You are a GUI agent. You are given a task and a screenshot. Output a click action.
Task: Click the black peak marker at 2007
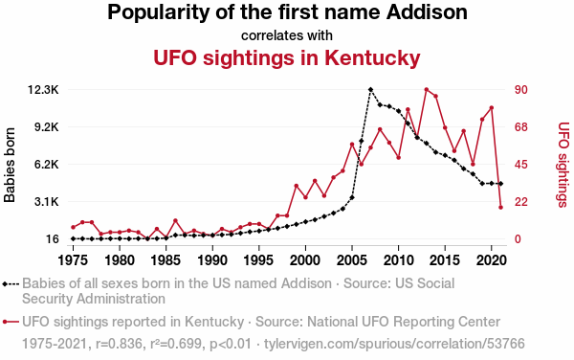[370, 89]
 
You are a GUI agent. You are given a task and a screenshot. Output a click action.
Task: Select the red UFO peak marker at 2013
[427, 89]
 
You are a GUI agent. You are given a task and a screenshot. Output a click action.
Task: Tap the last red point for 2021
[500, 207]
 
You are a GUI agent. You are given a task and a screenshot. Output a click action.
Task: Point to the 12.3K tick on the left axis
[43, 90]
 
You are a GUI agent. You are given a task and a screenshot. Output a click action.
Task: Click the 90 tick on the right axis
[521, 90]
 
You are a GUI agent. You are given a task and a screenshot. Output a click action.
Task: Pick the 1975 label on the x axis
[74, 260]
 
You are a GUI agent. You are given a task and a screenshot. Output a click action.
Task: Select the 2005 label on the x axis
[352, 260]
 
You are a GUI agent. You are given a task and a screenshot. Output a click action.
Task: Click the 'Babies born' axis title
[10, 165]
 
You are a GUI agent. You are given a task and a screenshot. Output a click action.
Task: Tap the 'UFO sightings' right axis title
[563, 165]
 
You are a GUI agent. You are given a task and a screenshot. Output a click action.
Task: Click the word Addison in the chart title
[427, 12]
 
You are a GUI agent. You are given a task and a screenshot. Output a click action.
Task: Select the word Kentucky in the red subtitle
[372, 58]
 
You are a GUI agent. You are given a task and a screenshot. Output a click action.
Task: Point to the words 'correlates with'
[287, 35]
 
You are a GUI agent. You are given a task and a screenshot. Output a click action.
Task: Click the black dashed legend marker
[11, 283]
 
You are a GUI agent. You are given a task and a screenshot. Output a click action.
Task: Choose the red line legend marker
[11, 322]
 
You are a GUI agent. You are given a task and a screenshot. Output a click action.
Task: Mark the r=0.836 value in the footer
[119, 344]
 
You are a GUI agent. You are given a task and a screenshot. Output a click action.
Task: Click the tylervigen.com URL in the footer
[394, 344]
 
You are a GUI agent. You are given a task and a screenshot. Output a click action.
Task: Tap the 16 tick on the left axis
[52, 238]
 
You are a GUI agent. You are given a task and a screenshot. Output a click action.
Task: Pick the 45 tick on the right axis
[521, 165]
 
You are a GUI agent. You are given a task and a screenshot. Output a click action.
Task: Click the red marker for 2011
[408, 109]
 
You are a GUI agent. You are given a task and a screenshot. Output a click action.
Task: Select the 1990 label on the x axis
[212, 260]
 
